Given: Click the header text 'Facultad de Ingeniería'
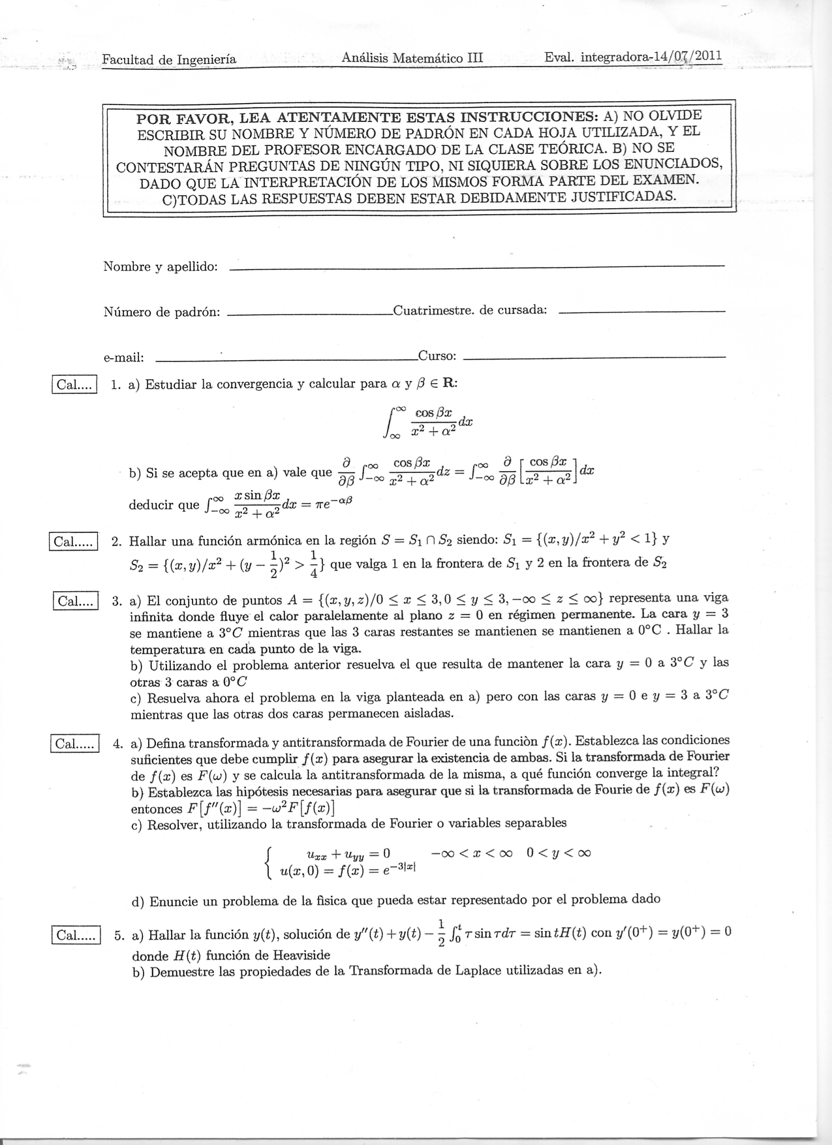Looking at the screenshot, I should [x=169, y=59].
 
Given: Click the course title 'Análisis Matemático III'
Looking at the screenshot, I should [x=412, y=57].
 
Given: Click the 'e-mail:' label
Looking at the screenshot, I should [x=123, y=357].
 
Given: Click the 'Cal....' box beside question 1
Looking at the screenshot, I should [x=74, y=385].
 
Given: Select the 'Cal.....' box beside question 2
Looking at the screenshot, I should [x=73, y=542].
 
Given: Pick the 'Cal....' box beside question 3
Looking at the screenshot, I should [x=75, y=600].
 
